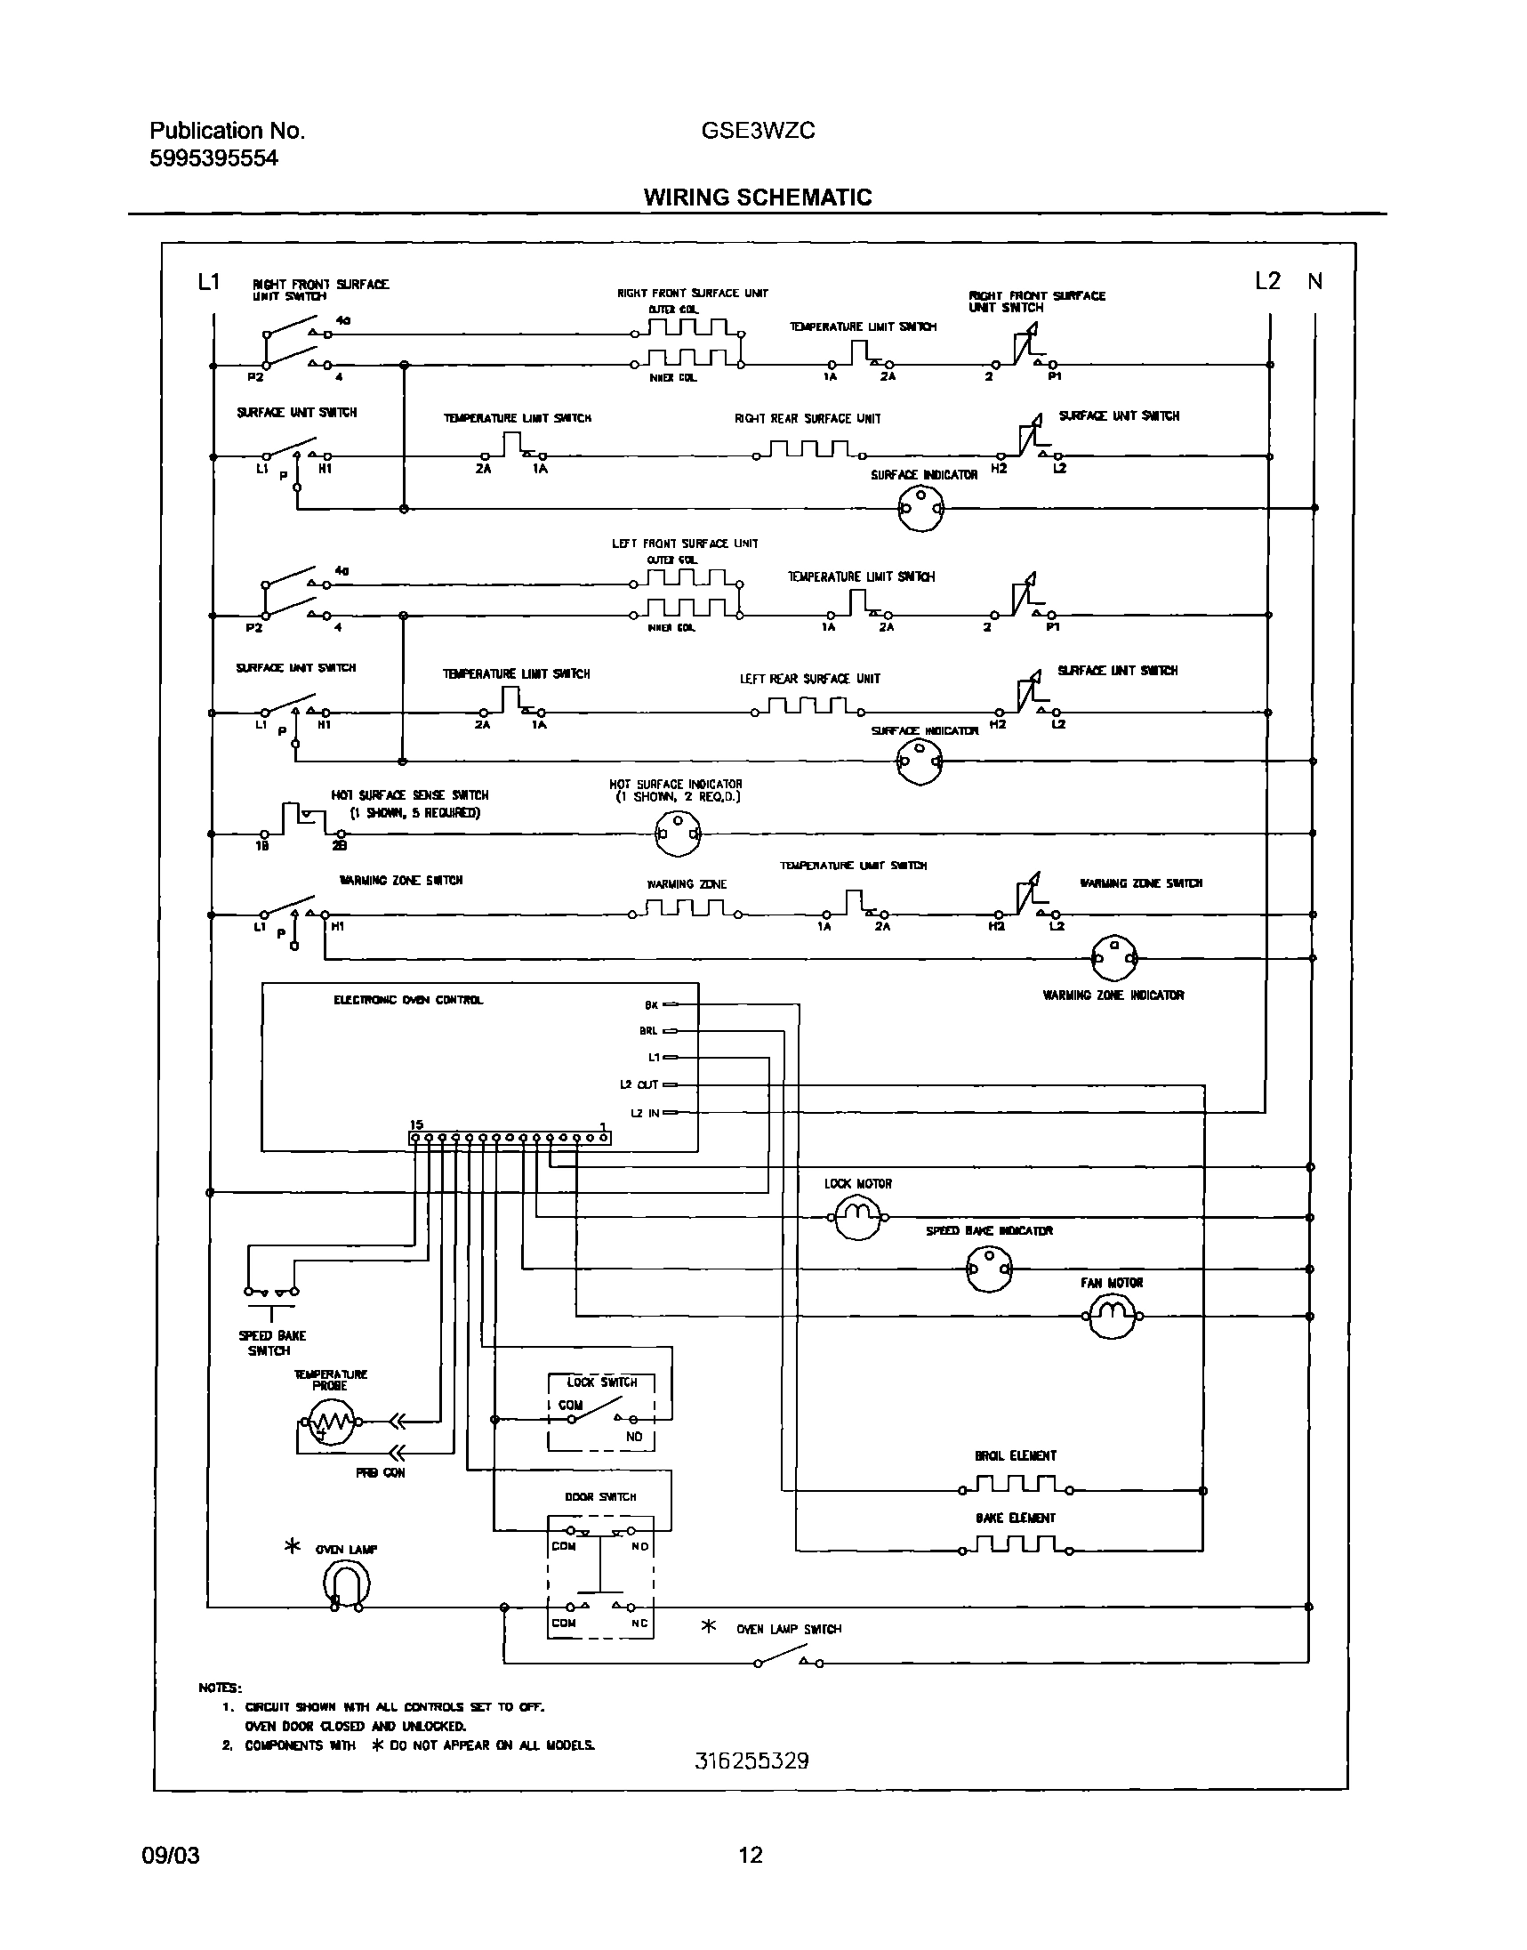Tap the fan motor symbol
click(1112, 1316)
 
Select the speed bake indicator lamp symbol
click(989, 1269)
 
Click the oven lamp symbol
click(345, 1585)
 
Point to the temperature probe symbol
click(330, 1421)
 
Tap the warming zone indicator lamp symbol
click(1114, 957)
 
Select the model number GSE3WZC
click(757, 131)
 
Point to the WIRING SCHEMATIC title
click(757, 197)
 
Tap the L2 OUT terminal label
click(639, 1084)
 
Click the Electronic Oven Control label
click(407, 1000)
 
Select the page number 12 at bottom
click(750, 1854)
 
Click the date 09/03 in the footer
click(171, 1855)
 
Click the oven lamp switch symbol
click(788, 1659)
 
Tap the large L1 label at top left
click(208, 283)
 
